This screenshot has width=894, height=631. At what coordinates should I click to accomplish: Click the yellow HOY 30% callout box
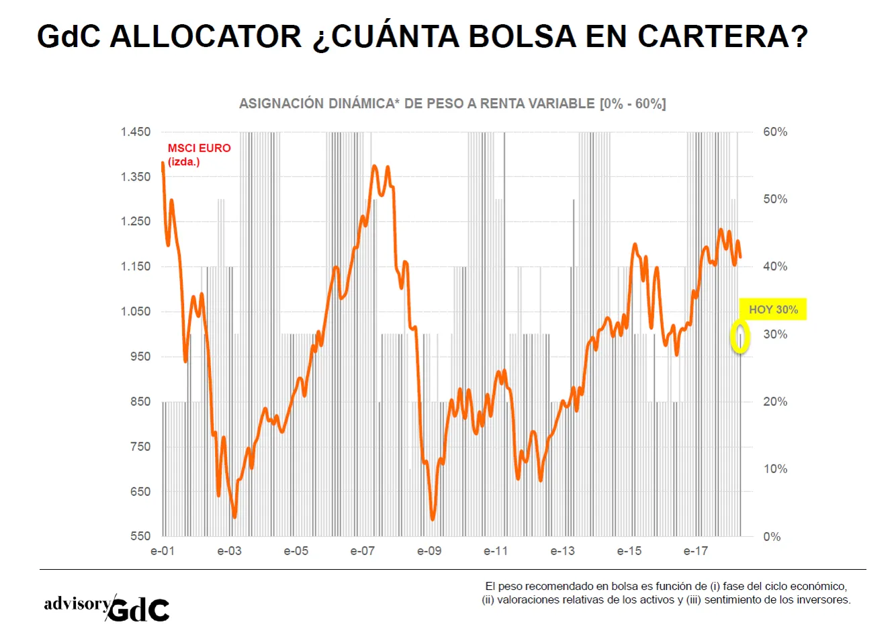pos(772,309)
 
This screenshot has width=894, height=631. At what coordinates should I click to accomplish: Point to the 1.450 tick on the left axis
pos(136,132)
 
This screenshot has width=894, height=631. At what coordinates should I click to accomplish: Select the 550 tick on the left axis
pos(140,536)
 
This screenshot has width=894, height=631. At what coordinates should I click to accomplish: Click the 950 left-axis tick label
pos(140,356)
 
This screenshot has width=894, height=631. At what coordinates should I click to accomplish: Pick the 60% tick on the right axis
pos(775,132)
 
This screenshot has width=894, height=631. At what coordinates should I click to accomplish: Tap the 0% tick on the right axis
pos(772,536)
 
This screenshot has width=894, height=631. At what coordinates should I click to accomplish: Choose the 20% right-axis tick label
pos(775,401)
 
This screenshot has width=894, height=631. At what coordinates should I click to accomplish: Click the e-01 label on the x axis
pos(163,551)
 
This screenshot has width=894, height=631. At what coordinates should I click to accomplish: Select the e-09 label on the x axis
pos(429,551)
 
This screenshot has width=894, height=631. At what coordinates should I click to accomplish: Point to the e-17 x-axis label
pos(696,551)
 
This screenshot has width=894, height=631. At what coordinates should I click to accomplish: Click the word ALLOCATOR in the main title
pos(206,37)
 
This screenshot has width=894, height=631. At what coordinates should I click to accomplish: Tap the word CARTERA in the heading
pos(723,37)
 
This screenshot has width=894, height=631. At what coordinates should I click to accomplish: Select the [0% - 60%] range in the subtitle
pos(633,104)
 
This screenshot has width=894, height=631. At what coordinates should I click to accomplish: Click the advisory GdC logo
pos(107,607)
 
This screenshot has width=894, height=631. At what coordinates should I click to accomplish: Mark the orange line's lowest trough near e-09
pos(433,519)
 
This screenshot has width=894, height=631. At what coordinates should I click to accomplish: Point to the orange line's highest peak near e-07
pos(374,166)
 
